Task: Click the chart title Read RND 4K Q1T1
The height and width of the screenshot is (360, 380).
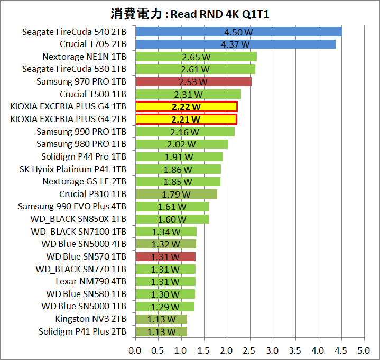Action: pos(190,13)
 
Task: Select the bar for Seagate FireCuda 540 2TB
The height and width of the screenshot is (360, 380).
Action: pos(238,32)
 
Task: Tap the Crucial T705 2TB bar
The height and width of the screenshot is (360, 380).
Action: pos(235,44)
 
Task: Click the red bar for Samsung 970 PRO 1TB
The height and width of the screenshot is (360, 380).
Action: pos(193,81)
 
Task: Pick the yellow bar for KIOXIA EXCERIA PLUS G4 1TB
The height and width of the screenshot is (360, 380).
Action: pos(186,107)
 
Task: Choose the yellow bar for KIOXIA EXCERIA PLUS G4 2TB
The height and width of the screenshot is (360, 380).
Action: pos(186,119)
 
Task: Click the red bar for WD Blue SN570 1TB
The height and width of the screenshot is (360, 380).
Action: pos(165,257)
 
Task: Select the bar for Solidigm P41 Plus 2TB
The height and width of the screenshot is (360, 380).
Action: pos(161,332)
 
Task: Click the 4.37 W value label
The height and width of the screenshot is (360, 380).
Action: pos(235,44)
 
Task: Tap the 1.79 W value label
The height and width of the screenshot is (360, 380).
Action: pos(177,194)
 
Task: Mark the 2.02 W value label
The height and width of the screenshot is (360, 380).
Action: pos(182,144)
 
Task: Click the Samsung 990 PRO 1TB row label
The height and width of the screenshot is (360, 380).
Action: pos(81,132)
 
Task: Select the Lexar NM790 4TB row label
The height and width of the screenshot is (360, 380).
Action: pos(91,282)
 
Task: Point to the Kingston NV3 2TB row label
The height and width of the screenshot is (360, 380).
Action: pos(90,319)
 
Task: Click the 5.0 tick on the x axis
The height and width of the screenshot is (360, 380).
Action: pos(363,350)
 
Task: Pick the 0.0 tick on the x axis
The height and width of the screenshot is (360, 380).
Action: pos(135,350)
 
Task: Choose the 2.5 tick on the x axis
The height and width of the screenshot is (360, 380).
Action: pos(249,350)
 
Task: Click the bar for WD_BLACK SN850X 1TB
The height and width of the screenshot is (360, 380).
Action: pos(172,219)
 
